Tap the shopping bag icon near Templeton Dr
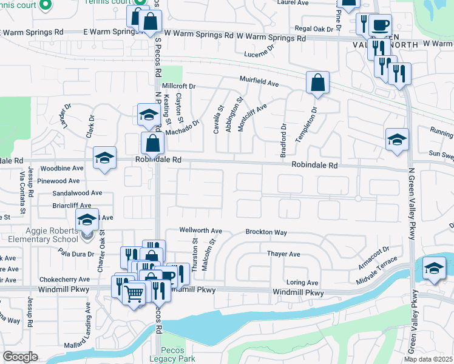(317, 83)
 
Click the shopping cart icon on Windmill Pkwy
(134, 294)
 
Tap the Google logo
(21, 357)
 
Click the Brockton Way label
(266, 232)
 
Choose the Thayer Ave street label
(284, 254)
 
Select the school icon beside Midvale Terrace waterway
(434, 268)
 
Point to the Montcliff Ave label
(253, 116)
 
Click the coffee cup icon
(380, 25)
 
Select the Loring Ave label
(302, 283)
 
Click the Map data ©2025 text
(427, 359)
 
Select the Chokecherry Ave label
(65, 280)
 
